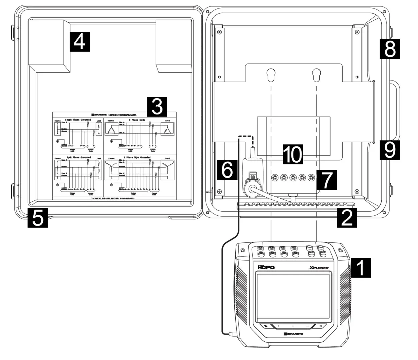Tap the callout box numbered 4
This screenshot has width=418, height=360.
(80, 42)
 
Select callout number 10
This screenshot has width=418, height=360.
(293, 155)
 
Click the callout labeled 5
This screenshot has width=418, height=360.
(38, 218)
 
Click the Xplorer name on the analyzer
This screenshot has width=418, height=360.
(319, 268)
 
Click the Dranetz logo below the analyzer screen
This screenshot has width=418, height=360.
(292, 334)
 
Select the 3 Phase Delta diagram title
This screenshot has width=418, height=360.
(138, 120)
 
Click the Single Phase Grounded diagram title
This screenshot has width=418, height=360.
(78, 120)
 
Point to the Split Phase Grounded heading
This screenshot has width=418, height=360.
(78, 158)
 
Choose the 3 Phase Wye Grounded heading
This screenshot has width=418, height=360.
(138, 158)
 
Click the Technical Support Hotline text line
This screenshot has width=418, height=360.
(113, 198)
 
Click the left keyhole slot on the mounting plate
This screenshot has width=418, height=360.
(271, 75)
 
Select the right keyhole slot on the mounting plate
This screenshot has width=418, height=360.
(316, 75)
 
